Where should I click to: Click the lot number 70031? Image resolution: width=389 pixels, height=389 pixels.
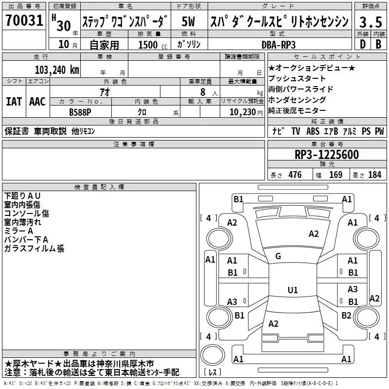pyautogui.click(x=24, y=20)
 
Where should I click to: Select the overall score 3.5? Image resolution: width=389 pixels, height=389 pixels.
pyautogui.click(x=371, y=22)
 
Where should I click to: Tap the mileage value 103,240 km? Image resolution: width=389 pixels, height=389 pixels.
pyautogui.click(x=57, y=70)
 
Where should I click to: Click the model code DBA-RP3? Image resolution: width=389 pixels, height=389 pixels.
pyautogui.click(x=279, y=45)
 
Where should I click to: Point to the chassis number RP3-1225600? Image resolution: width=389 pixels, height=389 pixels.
pyautogui.click(x=327, y=155)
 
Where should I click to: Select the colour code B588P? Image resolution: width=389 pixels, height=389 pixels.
pyautogui.click(x=80, y=112)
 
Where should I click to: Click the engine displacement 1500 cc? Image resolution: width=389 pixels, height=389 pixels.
pyautogui.click(x=153, y=45)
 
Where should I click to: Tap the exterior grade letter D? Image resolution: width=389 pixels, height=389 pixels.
pyautogui.click(x=363, y=44)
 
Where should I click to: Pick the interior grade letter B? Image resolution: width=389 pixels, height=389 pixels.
pyautogui.click(x=378, y=44)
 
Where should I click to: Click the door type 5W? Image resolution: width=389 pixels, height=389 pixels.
pyautogui.click(x=188, y=21)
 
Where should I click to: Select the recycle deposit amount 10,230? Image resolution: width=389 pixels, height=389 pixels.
pyautogui.click(x=243, y=112)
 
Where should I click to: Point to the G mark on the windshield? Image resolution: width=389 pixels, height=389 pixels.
pyautogui.click(x=278, y=256)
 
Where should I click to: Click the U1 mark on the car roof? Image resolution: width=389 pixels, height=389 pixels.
pyautogui.click(x=293, y=290)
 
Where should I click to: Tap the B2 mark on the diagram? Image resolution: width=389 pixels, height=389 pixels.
pyautogui.click(x=346, y=315)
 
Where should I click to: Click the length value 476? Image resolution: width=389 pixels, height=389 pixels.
pyautogui.click(x=295, y=175)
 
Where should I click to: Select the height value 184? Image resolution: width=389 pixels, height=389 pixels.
pyautogui.click(x=375, y=175)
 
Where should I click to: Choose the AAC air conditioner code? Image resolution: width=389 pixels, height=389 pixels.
pyautogui.click(x=37, y=102)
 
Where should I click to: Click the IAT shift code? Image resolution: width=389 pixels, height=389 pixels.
pyautogui.click(x=14, y=102)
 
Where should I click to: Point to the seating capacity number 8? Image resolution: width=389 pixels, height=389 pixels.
pyautogui.click(x=203, y=92)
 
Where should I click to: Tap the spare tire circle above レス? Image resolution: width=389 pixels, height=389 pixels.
pyautogui.click(x=212, y=354)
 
